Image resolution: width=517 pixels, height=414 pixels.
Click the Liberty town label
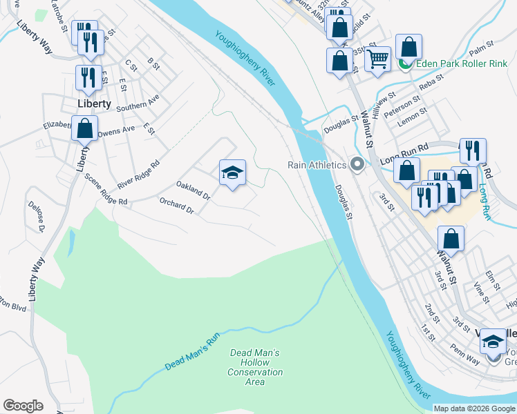pyautogui.click(x=94, y=103)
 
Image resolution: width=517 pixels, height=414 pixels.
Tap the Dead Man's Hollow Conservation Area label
pyautogui.click(x=255, y=363)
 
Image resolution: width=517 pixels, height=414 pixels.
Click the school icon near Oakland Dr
pyautogui.click(x=232, y=173)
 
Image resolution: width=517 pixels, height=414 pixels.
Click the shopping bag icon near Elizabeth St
pyautogui.click(x=85, y=128)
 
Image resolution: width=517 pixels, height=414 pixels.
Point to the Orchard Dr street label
pyautogui.click(x=176, y=205)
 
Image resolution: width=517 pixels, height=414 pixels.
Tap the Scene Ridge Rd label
pyautogui.click(x=106, y=188)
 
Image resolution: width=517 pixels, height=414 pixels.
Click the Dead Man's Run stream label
pyautogui.click(x=192, y=351)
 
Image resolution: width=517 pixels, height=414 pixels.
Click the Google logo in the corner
pyautogui.click(x=23, y=406)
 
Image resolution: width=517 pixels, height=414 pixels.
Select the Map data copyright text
pyautogui.click(x=473, y=408)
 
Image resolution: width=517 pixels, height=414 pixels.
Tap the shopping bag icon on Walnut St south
pyautogui.click(x=451, y=239)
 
